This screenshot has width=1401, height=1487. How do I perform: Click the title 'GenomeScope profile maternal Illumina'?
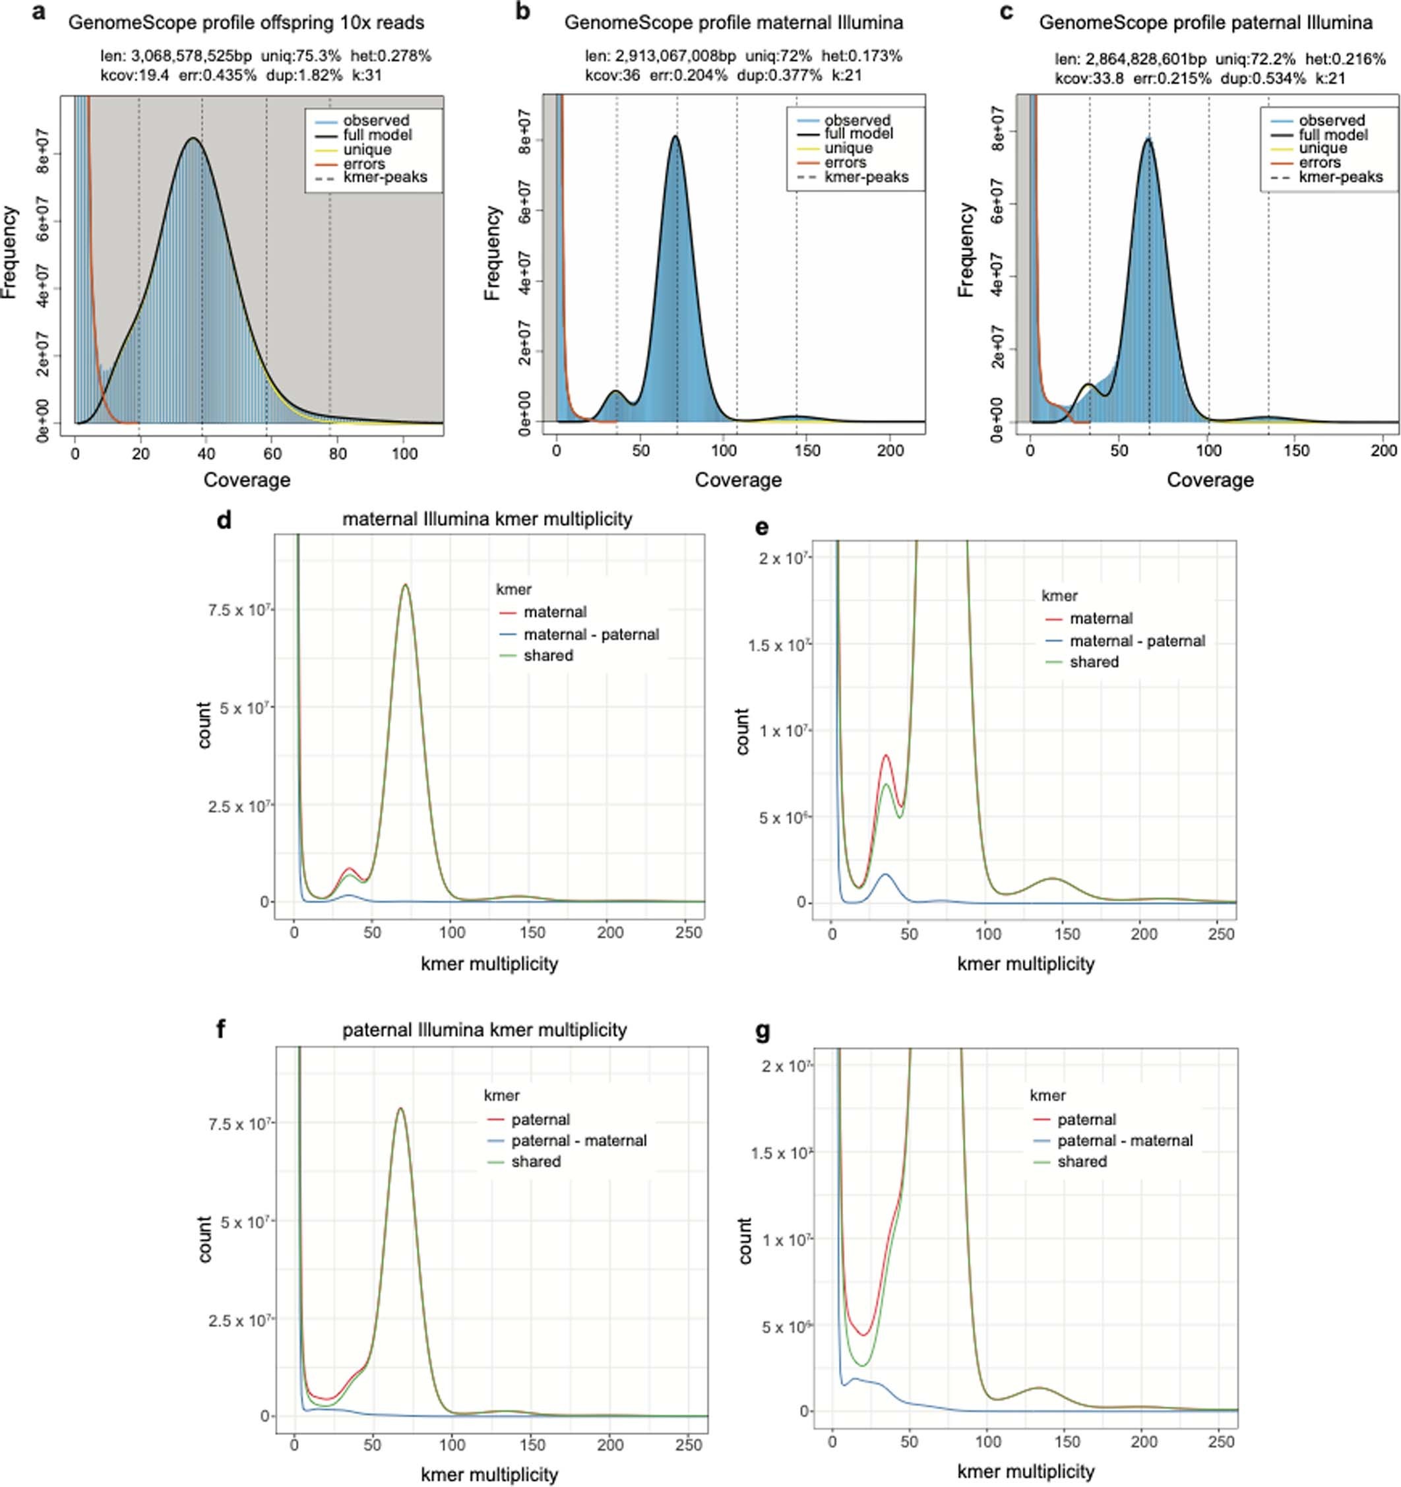pos(733,23)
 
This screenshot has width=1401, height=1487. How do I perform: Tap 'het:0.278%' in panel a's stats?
pos(390,56)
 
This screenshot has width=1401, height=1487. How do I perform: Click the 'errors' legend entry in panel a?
pos(364,164)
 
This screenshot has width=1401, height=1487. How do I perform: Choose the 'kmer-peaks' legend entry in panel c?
pos(1340,177)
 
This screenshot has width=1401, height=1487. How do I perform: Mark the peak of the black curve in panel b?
pos(675,136)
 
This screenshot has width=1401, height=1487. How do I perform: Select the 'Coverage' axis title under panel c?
pos(1210,480)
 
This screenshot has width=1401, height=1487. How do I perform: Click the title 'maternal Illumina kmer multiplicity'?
pos(487,519)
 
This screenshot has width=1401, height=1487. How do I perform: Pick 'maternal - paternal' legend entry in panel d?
pos(591,634)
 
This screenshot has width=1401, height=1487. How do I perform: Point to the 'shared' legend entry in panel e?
pos(1094,662)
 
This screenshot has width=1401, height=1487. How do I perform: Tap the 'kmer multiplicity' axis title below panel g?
pos(1025,1471)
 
